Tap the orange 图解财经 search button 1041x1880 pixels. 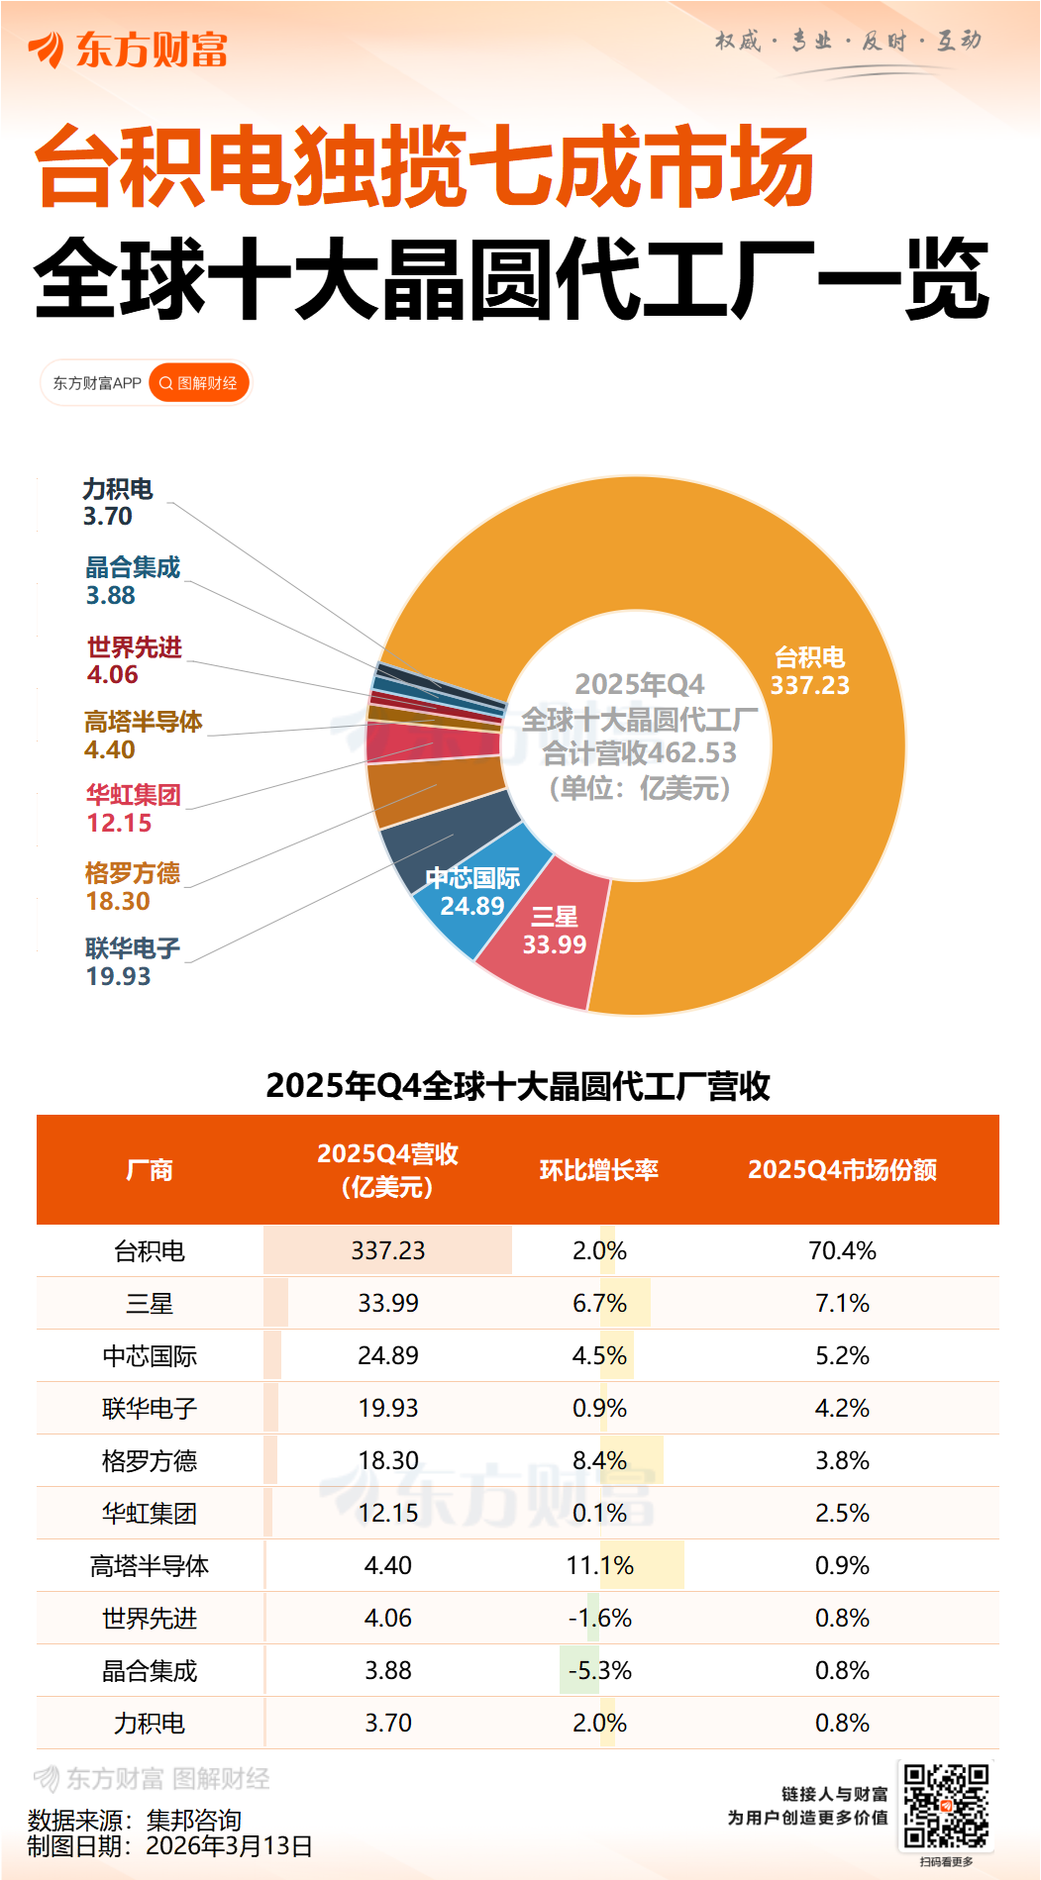pos(199,383)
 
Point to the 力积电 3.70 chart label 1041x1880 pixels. pos(117,503)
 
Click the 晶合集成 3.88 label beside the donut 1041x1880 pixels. pos(132,581)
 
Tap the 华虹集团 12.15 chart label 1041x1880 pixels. pos(132,809)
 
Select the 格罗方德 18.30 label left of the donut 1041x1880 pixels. pos(132,887)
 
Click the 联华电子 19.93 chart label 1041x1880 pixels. pos(132,962)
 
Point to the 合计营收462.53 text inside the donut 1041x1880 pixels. pos(640,753)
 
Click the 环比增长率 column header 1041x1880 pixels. pos(598,1170)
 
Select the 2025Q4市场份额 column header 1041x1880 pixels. pos(842,1170)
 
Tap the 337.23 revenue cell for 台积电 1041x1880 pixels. pos(388,1250)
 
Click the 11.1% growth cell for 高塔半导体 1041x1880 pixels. pos(599,1565)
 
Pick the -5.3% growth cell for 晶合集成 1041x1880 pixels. pos(599,1670)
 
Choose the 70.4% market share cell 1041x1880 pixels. pos(842,1250)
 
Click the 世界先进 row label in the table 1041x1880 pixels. pos(150,1618)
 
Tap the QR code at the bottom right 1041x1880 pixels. pos(946,1806)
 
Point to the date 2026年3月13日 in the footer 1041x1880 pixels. pos(229,1846)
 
